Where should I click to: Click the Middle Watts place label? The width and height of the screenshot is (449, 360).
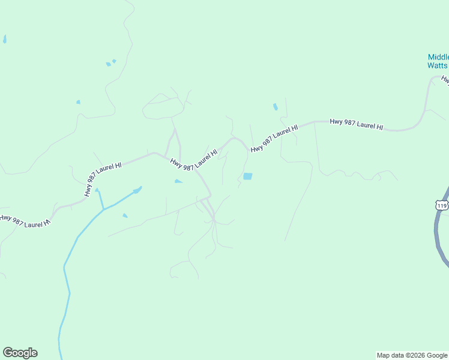438,61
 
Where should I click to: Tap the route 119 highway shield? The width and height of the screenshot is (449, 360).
442,205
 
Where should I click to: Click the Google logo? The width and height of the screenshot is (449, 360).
20,353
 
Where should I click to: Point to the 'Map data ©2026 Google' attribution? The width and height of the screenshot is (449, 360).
412,355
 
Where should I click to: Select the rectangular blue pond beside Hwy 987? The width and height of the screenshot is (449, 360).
247,176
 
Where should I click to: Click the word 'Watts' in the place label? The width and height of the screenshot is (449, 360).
438,65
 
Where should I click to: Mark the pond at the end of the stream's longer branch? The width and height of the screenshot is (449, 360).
138,190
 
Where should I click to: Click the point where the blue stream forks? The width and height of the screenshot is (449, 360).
103,209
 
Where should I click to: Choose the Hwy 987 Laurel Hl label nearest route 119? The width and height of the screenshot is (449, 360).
356,125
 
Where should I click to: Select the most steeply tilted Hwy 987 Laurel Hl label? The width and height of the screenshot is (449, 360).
103,178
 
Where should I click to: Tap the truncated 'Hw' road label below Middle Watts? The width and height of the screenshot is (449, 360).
445,79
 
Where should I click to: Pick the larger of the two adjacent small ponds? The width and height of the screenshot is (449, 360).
109,64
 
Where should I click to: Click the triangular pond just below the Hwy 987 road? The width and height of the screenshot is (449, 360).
178,181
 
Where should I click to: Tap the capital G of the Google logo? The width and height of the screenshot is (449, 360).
8,353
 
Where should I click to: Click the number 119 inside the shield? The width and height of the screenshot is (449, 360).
442,205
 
